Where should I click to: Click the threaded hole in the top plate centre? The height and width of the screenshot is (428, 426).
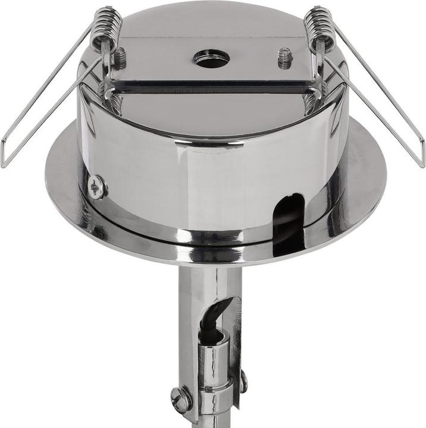pyautogui.click(x=211, y=59)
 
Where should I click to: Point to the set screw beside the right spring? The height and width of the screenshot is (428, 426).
pyautogui.click(x=284, y=59)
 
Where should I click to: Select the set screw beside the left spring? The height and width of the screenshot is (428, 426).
pyautogui.click(x=120, y=57)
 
